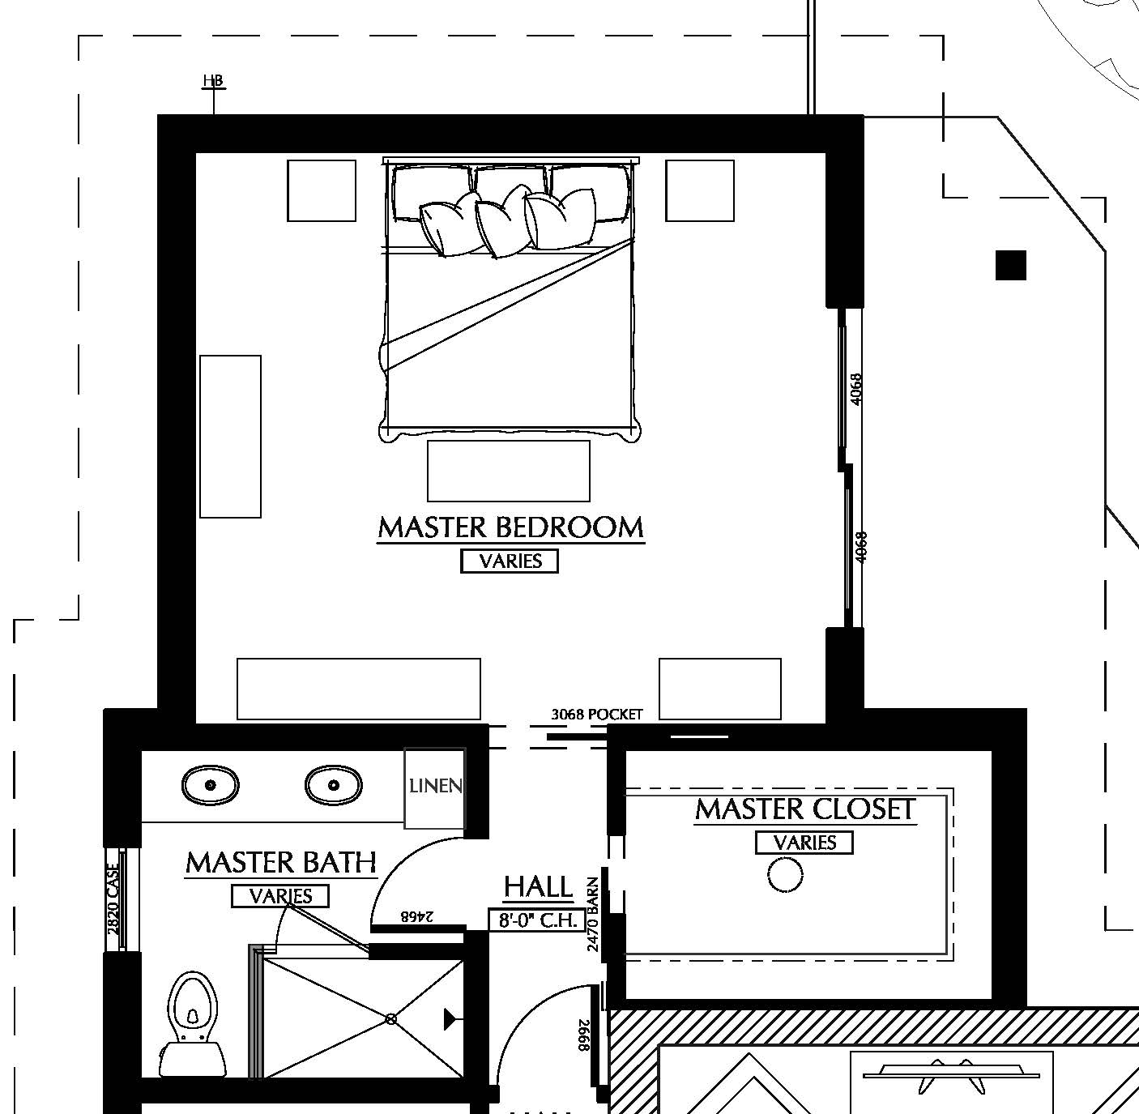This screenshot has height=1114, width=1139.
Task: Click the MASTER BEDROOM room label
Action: click(510, 527)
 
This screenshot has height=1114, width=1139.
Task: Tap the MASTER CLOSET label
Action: click(805, 809)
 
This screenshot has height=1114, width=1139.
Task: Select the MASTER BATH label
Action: click(281, 863)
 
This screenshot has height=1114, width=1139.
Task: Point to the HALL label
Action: click(538, 887)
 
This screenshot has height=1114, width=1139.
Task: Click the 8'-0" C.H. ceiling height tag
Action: click(536, 920)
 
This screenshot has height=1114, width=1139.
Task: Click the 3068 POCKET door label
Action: click(596, 715)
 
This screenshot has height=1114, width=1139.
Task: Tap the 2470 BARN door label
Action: click(593, 913)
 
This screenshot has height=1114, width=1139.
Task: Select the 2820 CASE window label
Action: click(113, 898)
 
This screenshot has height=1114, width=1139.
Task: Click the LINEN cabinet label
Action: click(435, 786)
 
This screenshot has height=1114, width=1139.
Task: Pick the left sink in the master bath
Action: click(210, 785)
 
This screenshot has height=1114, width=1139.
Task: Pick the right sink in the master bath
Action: click(333, 785)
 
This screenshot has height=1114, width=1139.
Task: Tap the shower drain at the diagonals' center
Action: click(391, 1018)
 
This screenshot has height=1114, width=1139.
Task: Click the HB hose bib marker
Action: click(213, 82)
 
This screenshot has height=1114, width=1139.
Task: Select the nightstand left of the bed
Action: click(322, 190)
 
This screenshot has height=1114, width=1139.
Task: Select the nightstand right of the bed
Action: click(700, 190)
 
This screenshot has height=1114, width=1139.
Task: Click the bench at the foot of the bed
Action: click(508, 471)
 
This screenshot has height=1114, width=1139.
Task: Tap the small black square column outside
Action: click(1010, 265)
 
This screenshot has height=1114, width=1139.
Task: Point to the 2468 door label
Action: click(417, 916)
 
